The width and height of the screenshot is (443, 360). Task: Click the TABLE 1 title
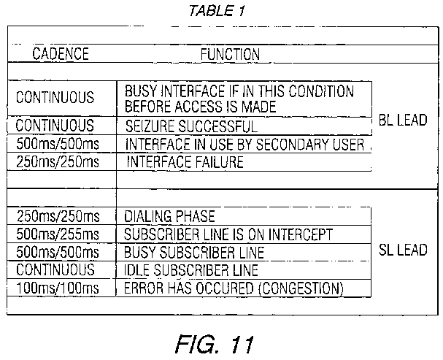coord(217,11)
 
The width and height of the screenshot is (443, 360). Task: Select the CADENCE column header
coord(61,54)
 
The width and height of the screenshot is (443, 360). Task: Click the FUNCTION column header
coord(230,54)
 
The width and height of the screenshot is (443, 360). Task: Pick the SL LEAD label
coord(404,250)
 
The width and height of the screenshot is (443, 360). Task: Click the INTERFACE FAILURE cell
coord(185,162)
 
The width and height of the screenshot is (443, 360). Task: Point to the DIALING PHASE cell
coord(170,217)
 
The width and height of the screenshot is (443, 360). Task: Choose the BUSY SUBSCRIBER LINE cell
coord(194,253)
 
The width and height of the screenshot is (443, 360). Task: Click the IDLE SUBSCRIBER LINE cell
coord(192,270)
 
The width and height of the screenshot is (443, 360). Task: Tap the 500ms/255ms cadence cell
coord(58,234)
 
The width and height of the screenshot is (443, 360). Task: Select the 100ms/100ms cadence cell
coord(58,288)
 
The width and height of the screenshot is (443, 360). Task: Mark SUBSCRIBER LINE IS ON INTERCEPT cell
coord(229,234)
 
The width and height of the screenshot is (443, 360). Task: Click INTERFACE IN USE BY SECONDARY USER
coord(244,144)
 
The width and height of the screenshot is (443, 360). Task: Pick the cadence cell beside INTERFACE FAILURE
coord(58,162)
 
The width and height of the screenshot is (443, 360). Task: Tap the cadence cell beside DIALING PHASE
coord(58,217)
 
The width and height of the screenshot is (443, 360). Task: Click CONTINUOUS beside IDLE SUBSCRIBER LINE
coord(55,270)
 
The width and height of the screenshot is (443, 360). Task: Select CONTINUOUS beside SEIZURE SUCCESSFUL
coord(55,126)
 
